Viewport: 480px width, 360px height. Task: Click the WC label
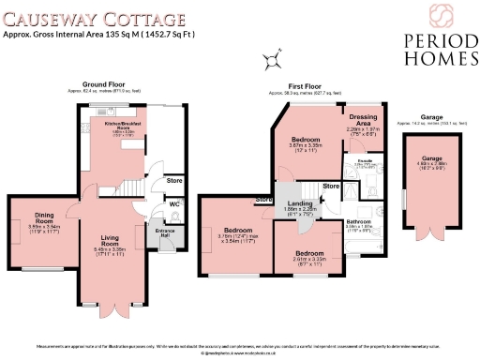174,202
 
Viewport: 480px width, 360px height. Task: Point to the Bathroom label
359,221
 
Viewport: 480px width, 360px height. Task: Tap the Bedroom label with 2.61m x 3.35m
308,253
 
